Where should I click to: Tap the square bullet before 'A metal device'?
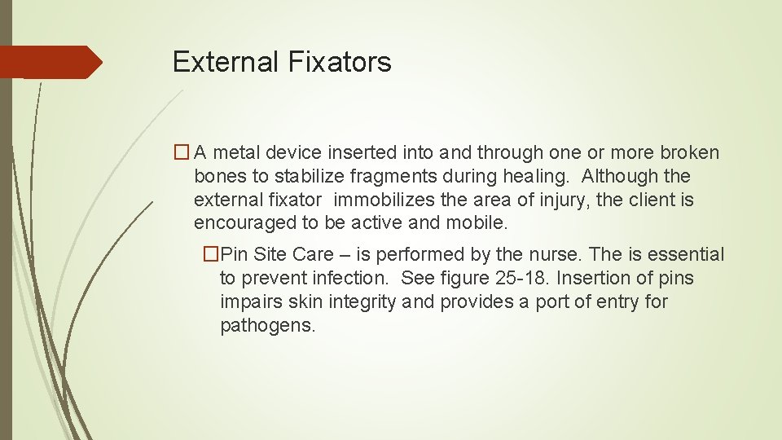[x=182, y=152]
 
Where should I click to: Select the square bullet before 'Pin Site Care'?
[x=211, y=255]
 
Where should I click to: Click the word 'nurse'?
[x=553, y=255]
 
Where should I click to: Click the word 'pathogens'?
[x=266, y=326]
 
